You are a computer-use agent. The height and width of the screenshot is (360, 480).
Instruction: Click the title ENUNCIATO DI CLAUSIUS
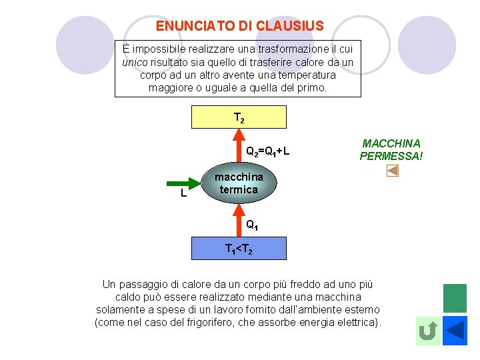tap(239, 26)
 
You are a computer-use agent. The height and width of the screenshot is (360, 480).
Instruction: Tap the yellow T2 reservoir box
tap(239, 117)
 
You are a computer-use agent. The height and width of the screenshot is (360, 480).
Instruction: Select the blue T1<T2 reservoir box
tap(239, 248)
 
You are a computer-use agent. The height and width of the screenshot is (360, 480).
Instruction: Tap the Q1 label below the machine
tap(251, 225)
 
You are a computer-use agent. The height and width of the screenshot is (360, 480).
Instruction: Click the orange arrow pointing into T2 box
tap(239, 143)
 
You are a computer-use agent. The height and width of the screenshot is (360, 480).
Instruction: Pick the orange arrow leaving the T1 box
tap(239, 220)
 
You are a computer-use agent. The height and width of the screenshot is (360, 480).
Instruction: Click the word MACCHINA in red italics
tap(391, 143)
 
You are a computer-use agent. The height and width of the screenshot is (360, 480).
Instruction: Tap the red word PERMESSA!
tap(391, 157)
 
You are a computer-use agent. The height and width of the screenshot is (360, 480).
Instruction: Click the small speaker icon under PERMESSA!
tap(393, 172)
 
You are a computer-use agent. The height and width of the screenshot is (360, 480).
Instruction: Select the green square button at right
tap(455, 298)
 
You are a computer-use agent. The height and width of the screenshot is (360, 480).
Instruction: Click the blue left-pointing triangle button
tap(455, 331)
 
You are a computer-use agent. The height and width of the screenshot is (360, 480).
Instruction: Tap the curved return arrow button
tap(428, 331)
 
